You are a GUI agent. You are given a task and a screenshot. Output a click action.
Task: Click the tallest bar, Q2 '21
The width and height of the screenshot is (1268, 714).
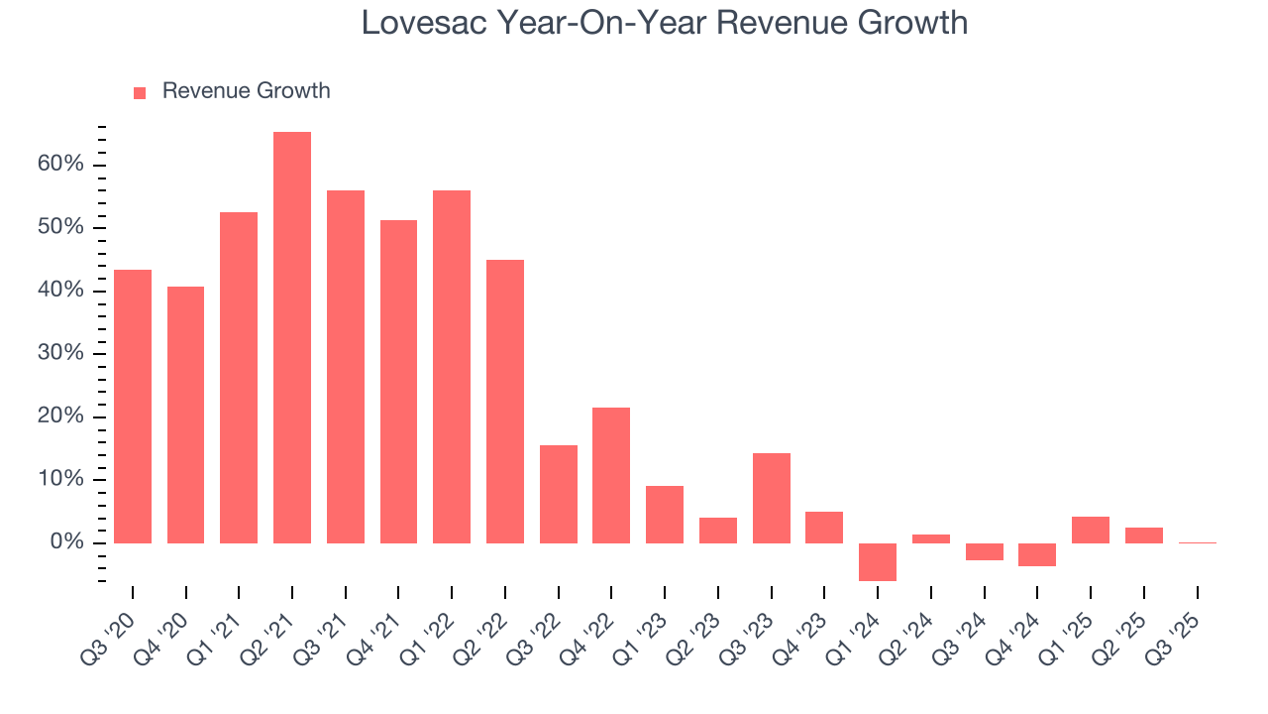[x=292, y=337]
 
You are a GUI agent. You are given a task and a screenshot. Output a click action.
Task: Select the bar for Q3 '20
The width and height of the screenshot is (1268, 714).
[x=133, y=407]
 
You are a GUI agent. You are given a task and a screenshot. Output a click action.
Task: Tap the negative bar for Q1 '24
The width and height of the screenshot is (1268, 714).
[x=878, y=561]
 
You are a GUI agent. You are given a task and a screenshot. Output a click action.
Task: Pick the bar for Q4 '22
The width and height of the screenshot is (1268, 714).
[x=611, y=475]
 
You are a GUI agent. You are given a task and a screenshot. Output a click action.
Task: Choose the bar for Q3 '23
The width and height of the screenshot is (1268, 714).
[x=772, y=498]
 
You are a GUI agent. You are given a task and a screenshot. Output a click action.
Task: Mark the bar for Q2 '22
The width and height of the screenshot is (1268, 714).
[x=505, y=402]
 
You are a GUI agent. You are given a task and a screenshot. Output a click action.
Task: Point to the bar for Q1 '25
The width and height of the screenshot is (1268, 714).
[x=1091, y=530]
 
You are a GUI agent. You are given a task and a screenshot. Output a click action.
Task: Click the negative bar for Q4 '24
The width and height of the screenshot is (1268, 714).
[x=1037, y=554]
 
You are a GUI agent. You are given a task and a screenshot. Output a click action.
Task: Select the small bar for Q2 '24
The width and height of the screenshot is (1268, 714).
[x=931, y=538]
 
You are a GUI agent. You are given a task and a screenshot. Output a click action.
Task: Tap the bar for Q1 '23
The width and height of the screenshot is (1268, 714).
[x=665, y=514]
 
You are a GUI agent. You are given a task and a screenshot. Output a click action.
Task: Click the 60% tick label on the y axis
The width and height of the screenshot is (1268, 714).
[x=61, y=165]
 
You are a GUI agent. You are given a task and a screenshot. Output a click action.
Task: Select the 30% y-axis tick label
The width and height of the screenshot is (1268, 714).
[x=61, y=354]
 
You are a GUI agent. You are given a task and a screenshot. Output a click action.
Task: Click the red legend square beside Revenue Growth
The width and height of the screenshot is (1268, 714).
[x=140, y=92]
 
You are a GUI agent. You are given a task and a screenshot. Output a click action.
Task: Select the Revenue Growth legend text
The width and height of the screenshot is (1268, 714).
[x=246, y=91]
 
